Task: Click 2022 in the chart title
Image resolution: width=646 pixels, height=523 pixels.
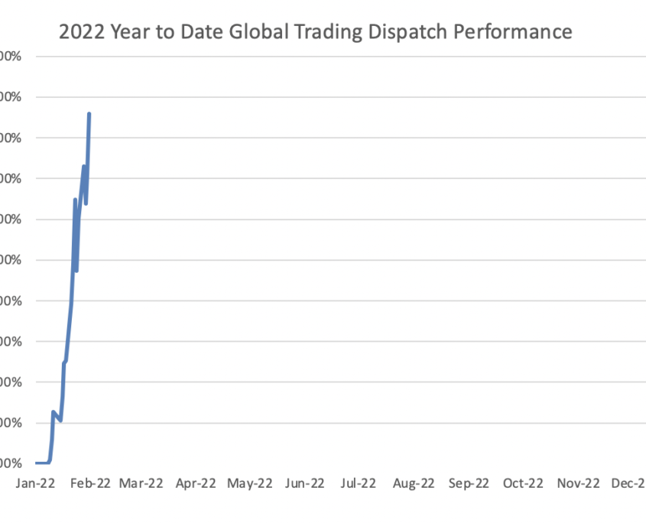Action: pyautogui.click(x=82, y=33)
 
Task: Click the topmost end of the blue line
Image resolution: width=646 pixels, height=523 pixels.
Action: pyautogui.click(x=89, y=114)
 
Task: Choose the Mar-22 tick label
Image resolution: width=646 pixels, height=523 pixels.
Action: pyautogui.click(x=142, y=483)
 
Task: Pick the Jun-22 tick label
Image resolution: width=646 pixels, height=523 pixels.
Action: pyautogui.click(x=305, y=483)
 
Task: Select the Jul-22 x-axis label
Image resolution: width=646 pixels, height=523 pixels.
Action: pyautogui.click(x=358, y=483)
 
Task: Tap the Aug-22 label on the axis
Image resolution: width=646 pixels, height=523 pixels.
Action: pyautogui.click(x=413, y=483)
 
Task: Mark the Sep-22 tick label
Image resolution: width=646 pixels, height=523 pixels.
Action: pyautogui.click(x=468, y=483)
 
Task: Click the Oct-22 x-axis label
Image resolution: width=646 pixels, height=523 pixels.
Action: pyautogui.click(x=523, y=483)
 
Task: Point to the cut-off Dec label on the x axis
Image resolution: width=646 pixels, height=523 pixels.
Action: pyautogui.click(x=628, y=483)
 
